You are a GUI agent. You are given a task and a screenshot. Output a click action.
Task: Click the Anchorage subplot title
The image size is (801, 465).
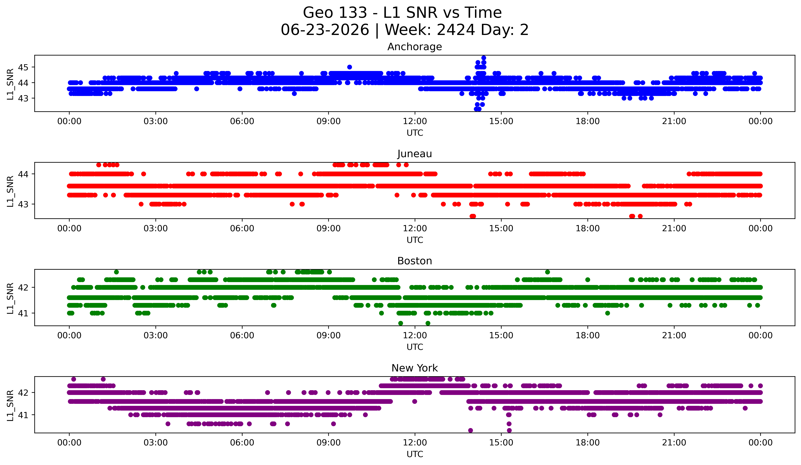415,47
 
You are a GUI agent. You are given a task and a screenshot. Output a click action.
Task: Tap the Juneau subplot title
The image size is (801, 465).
415,154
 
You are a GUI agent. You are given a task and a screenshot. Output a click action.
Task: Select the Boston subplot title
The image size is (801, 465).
415,261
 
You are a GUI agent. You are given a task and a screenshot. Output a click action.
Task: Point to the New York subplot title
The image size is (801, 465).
415,368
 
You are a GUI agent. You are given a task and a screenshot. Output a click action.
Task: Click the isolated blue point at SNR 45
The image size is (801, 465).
350,67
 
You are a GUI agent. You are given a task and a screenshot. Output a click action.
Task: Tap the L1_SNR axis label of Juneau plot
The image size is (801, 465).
10,191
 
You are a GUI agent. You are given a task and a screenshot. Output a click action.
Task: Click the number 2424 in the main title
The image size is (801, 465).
456,30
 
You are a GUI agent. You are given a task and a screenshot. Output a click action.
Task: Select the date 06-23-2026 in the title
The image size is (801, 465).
325,30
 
